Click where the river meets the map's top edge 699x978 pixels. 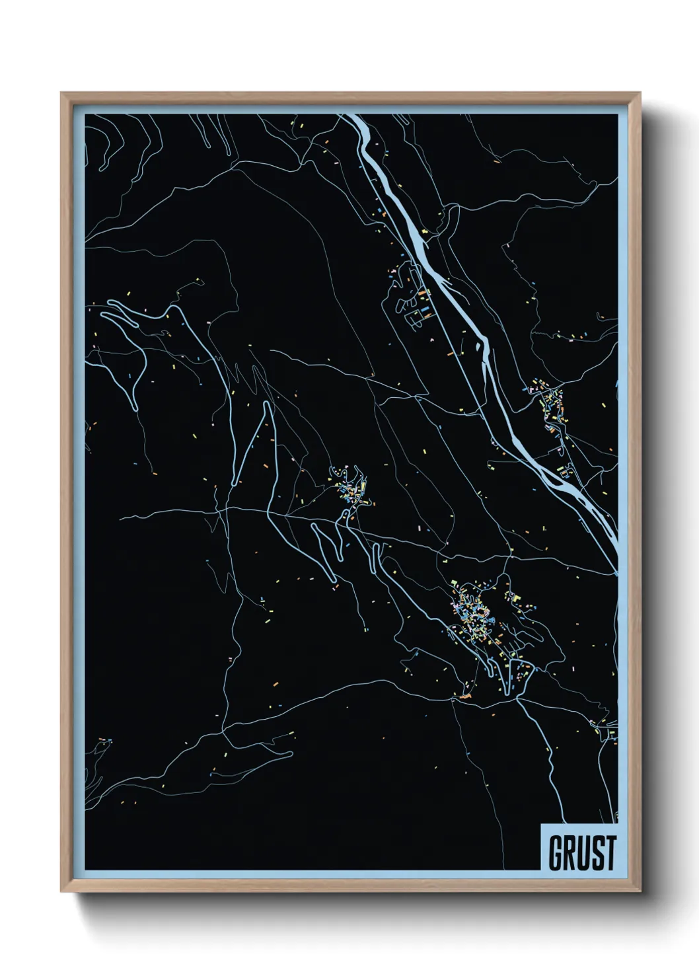point(350,116)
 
